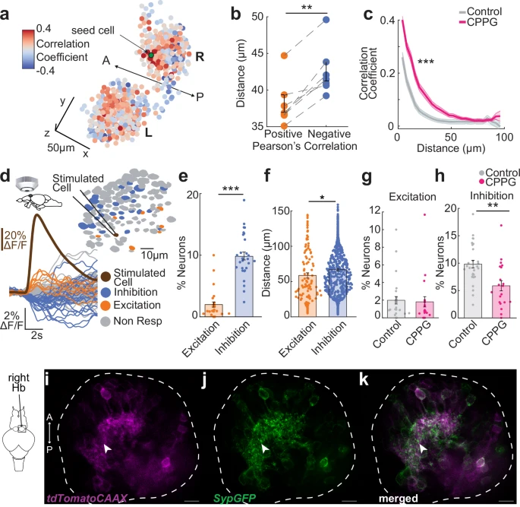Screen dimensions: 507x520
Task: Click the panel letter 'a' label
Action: (7, 9)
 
